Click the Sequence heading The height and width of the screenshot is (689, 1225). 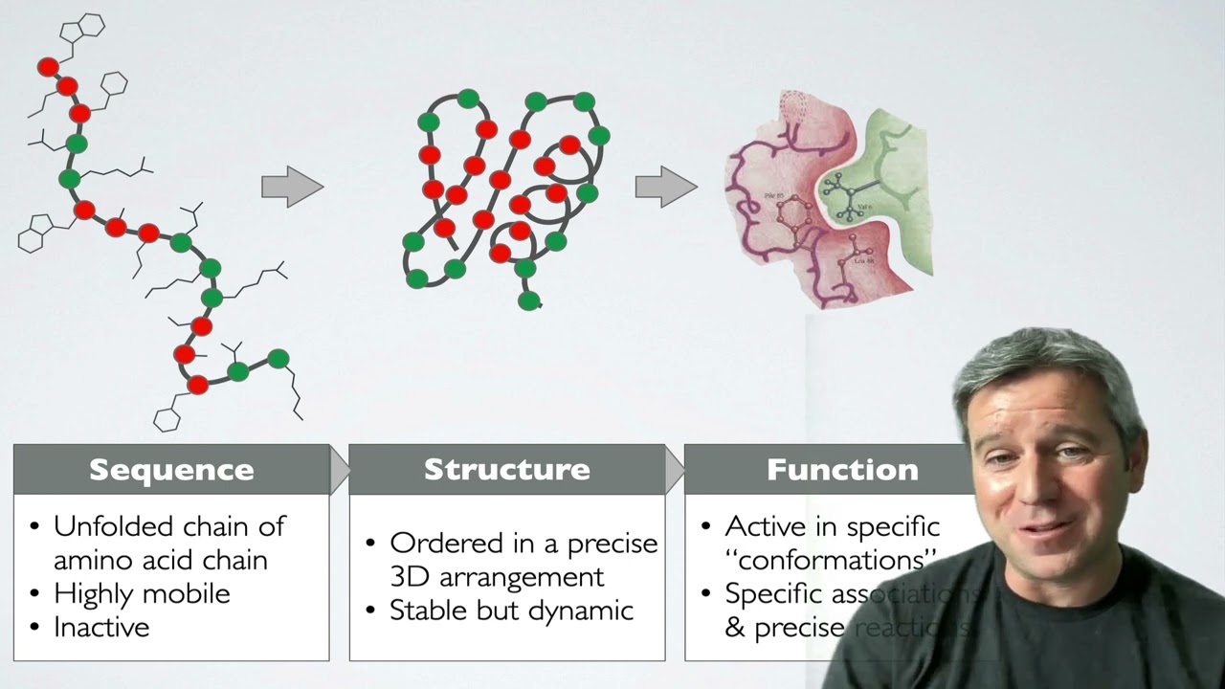pyautogui.click(x=171, y=470)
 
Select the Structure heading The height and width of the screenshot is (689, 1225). pyautogui.click(x=507, y=470)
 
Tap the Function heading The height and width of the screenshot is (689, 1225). pyautogui.click(x=842, y=470)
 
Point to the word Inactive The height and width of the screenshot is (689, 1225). pyautogui.click(x=101, y=628)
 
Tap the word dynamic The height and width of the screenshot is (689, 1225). pyautogui.click(x=588, y=611)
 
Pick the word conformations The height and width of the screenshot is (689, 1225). pyautogui.click(x=829, y=560)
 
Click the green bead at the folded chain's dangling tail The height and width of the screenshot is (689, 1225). pyautogui.click(x=529, y=301)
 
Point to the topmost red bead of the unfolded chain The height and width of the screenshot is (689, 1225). pyautogui.click(x=48, y=67)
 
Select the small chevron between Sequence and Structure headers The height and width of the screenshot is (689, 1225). pyautogui.click(x=339, y=469)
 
